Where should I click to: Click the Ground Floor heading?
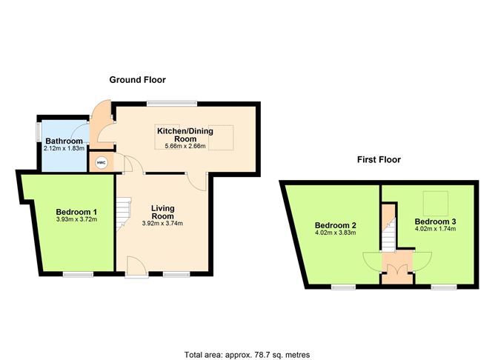tap(137, 79)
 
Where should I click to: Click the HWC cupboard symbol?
tap(100, 162)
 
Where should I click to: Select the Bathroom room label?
tap(63, 141)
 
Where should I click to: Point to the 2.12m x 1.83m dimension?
tap(64, 149)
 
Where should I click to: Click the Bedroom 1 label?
tap(76, 212)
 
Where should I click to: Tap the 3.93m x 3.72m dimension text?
tap(76, 220)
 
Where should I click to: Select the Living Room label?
tap(162, 212)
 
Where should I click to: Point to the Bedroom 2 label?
tap(336, 225)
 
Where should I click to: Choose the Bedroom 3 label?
tap(435, 221)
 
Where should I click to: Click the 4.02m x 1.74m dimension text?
tap(435, 229)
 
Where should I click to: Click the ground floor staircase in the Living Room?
tap(122, 214)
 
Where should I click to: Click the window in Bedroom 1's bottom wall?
tap(78, 274)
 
